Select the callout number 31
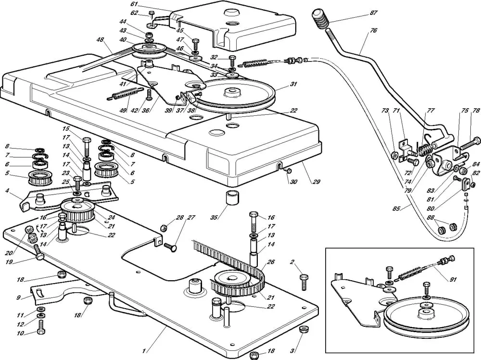pyautogui.click(x=293, y=85)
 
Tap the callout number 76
pyautogui.click(x=373, y=30)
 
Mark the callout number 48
pyautogui.click(x=100, y=40)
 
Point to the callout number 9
pyautogui.click(x=18, y=298)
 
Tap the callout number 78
pyautogui.click(x=476, y=111)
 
